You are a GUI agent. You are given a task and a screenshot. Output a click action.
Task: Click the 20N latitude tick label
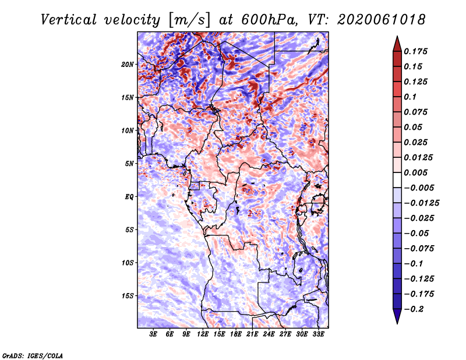point(128,64)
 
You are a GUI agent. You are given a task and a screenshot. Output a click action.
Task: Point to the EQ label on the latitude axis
point(130,197)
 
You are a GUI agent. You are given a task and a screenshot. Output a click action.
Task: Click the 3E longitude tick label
point(154,335)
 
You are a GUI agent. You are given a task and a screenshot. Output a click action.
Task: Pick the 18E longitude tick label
point(236,335)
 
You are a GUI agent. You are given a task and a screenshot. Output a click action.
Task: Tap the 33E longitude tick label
point(318,335)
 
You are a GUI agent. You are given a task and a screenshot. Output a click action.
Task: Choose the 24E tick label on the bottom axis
point(269,335)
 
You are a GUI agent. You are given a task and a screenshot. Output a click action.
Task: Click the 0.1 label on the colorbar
point(411,97)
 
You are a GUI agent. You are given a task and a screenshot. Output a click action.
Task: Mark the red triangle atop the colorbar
point(397,43)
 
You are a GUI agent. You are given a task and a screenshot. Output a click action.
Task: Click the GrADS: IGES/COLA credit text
point(33,355)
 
